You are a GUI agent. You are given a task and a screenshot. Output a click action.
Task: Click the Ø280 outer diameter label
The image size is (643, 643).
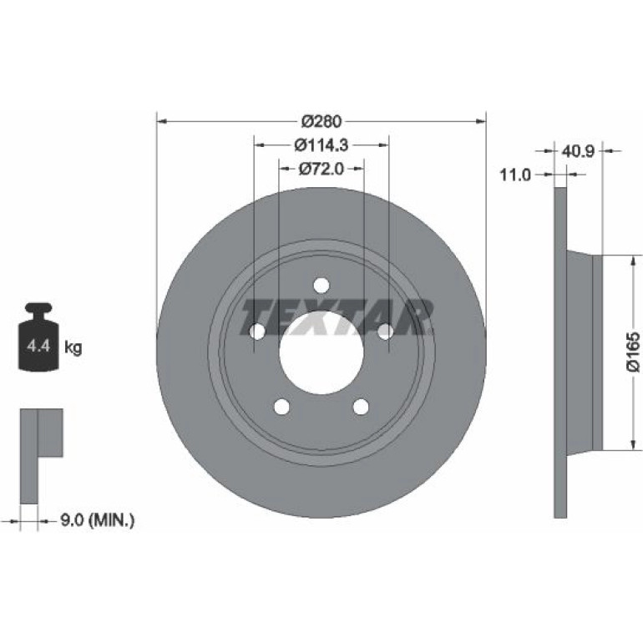click(321, 121)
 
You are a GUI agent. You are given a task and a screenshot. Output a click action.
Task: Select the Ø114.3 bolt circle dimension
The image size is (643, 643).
click(321, 144)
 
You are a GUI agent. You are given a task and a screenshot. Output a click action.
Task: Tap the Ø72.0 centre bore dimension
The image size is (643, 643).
click(321, 169)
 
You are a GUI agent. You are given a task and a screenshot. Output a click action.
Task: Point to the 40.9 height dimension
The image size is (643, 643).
click(578, 151)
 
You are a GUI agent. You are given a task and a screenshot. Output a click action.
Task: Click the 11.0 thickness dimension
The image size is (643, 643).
click(515, 175)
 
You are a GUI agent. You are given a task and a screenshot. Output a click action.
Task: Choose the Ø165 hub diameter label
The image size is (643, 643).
click(633, 352)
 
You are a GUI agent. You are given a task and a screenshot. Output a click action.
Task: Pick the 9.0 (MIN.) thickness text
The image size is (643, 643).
click(98, 521)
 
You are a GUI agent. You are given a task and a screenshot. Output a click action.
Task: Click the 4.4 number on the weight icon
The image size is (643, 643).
click(38, 346)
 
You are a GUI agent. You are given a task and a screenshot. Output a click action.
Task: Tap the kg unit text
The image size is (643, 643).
click(73, 347)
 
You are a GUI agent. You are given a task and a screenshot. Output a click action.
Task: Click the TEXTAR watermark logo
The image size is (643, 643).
click(337, 316)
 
